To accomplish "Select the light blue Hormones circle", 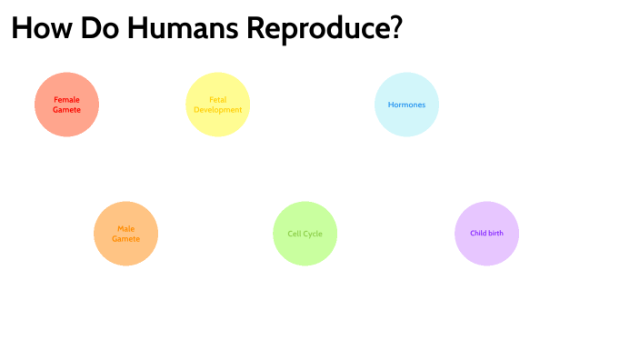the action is tap(406, 104).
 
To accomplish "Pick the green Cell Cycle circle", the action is tap(305, 234).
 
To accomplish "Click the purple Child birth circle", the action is tap(486, 234).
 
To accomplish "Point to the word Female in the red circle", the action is tap(66, 99).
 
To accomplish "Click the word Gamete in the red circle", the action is tap(66, 109).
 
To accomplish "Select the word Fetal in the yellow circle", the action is tap(218, 99).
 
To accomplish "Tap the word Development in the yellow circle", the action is tap(218, 109).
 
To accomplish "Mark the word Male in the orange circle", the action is tap(126, 228).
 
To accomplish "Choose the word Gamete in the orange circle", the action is tap(126, 238).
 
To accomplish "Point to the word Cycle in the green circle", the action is tap(314, 234).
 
